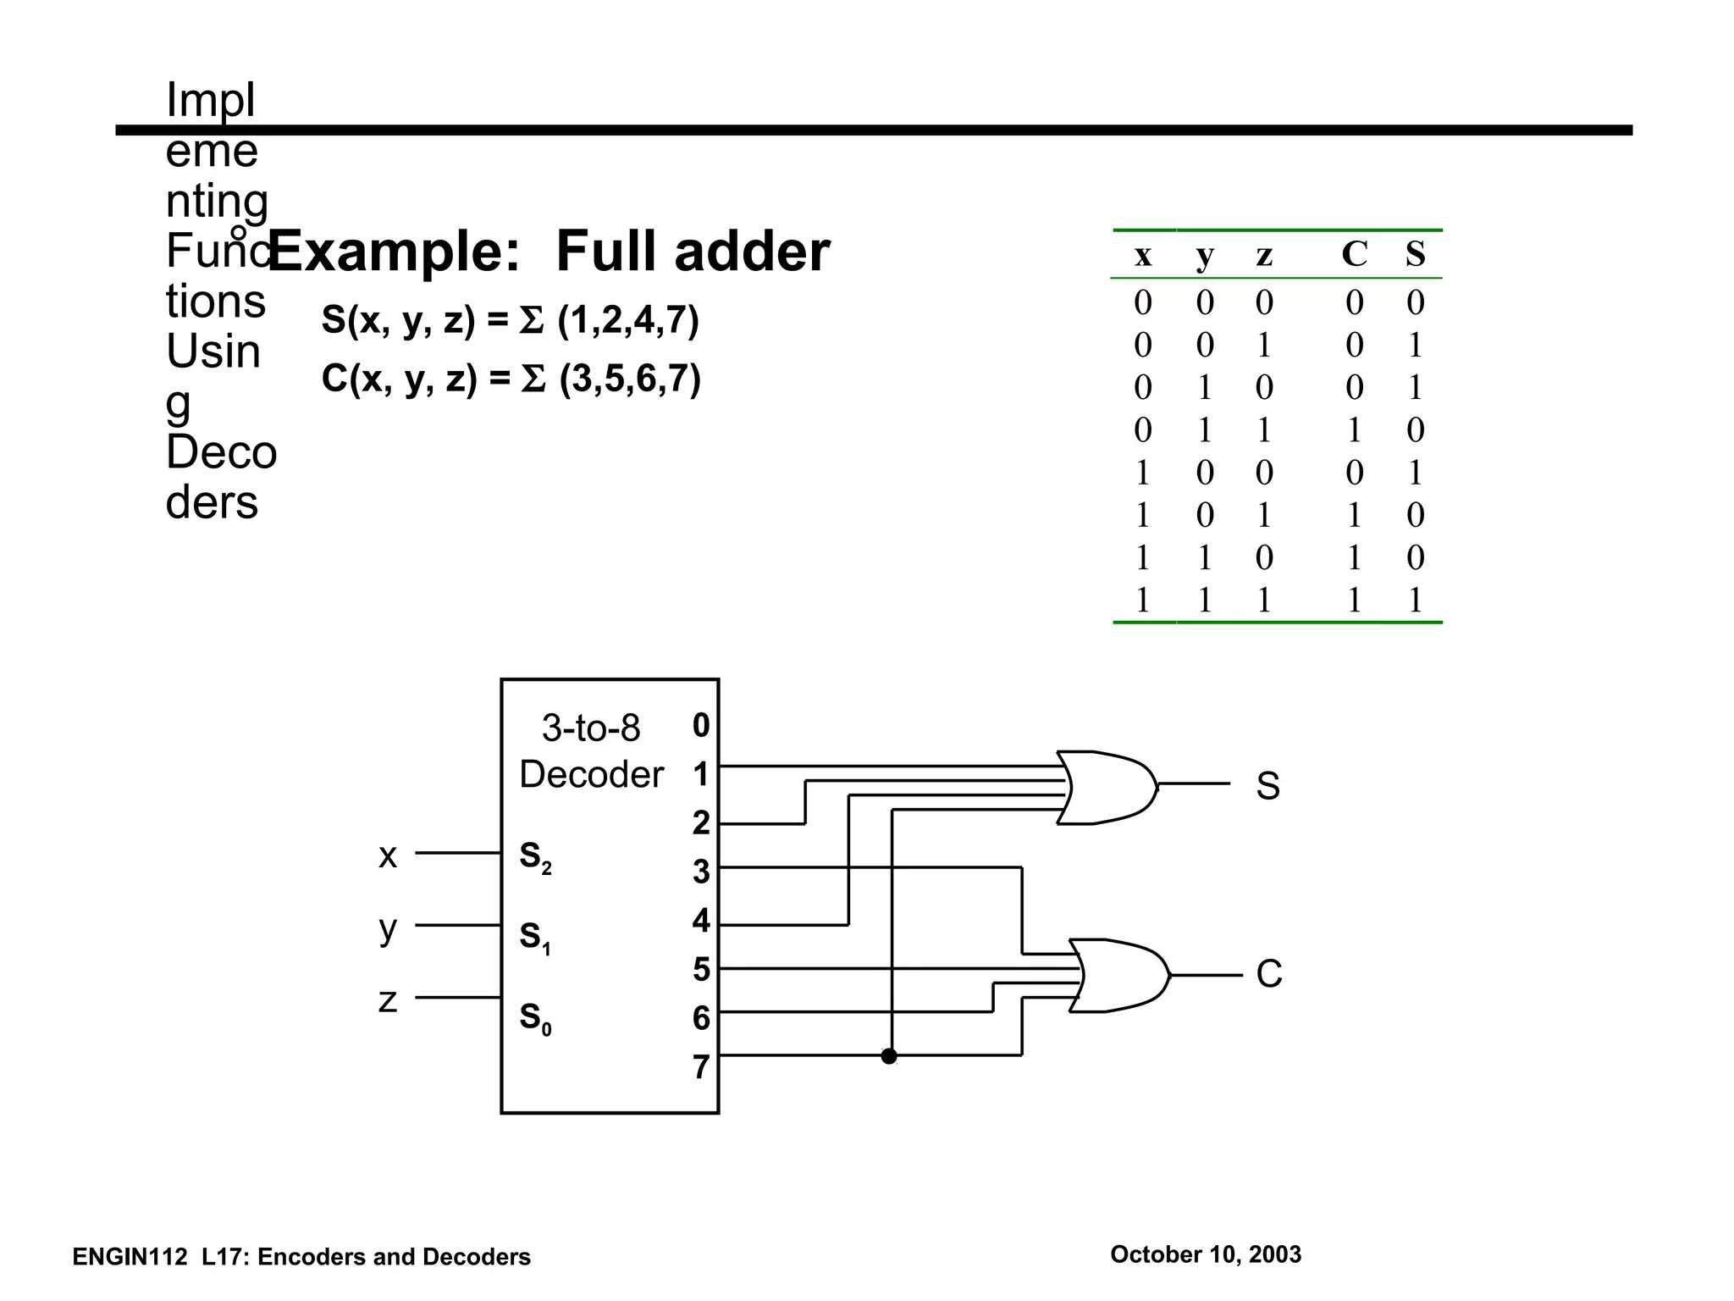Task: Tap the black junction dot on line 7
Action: pos(889,1056)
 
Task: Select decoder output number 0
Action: pos(701,725)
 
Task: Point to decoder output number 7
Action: pos(701,1067)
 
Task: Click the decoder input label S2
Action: pos(535,857)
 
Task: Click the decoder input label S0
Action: pos(535,1017)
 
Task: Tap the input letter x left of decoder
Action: pos(388,855)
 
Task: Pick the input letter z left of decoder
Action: pos(388,1000)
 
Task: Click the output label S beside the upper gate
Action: pos(1267,786)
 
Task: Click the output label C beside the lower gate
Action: pos(1268,974)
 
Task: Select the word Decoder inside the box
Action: pos(591,774)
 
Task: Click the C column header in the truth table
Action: pos(1355,253)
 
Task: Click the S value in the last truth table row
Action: pos(1415,600)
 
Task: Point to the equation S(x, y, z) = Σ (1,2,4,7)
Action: pos(510,321)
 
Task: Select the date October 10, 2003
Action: pos(1206,1254)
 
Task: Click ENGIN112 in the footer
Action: pos(129,1257)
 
